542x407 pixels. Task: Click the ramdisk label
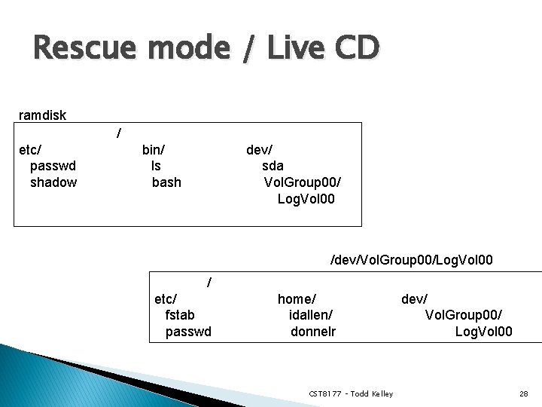click(42, 115)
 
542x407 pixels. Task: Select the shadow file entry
click(53, 182)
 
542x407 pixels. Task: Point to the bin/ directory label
click(154, 149)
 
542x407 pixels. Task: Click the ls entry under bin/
click(156, 166)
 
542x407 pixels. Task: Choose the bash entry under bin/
click(166, 182)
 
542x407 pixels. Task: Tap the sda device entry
click(273, 166)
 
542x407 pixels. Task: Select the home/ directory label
click(297, 298)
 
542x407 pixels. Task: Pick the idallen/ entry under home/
click(311, 315)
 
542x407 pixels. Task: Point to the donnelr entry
click(313, 332)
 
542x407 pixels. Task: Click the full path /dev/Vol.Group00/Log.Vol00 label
click(412, 260)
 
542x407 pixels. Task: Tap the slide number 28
click(523, 394)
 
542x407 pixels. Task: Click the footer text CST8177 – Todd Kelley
click(351, 394)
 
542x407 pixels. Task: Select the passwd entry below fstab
click(188, 332)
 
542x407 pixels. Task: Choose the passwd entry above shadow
click(53, 166)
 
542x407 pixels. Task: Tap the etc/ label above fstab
click(166, 298)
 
